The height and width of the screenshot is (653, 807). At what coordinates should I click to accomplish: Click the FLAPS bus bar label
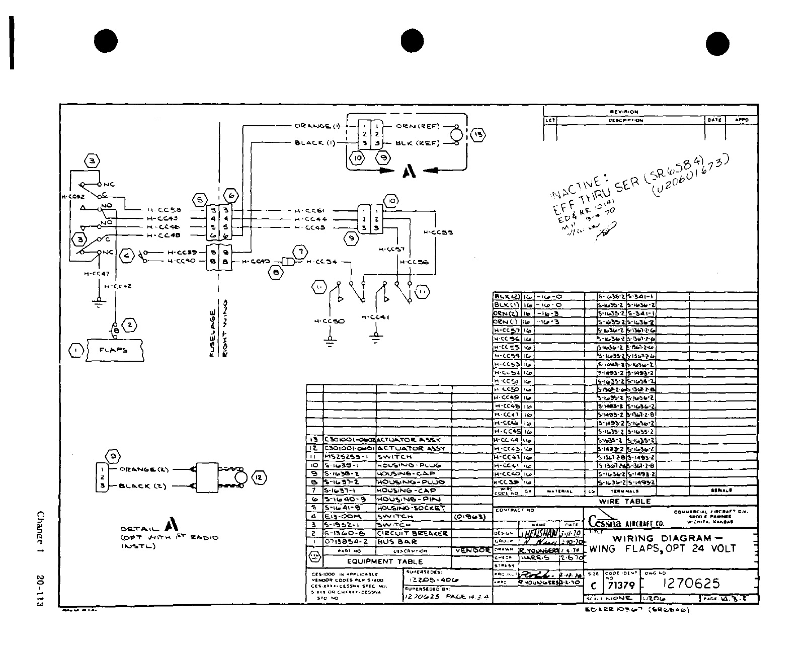113,350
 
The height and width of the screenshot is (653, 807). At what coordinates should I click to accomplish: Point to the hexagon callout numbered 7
300,252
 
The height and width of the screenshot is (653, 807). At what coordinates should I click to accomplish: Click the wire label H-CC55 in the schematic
438,232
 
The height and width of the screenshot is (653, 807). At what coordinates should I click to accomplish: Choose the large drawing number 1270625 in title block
692,583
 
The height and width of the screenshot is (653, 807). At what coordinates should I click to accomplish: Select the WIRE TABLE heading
624,501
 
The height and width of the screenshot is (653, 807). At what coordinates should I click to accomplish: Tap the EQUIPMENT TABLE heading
385,561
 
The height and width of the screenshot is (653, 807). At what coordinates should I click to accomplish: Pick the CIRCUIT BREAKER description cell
412,533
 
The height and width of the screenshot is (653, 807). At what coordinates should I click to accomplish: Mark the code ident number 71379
621,586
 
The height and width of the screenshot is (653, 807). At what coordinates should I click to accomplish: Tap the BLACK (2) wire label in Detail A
141,486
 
